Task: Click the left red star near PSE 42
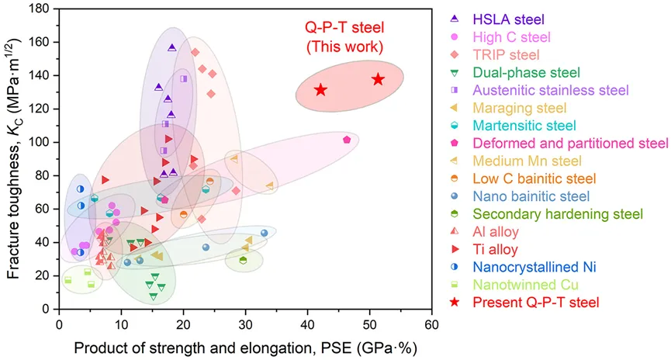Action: (x=320, y=90)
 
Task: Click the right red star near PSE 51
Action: (x=378, y=79)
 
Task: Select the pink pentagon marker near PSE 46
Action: (x=347, y=140)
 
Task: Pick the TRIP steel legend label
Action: (x=511, y=54)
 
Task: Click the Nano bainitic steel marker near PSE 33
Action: (x=265, y=233)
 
